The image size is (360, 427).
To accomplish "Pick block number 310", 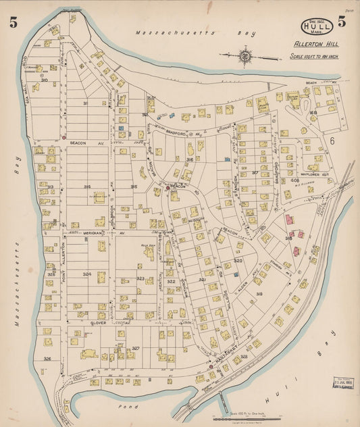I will pos(45,80).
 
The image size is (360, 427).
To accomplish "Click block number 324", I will pos(86,274).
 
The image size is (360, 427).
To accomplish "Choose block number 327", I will pos(135,348).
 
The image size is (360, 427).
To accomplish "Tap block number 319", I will pos(259,294).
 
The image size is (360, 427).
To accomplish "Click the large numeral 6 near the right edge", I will pos(333,141).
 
